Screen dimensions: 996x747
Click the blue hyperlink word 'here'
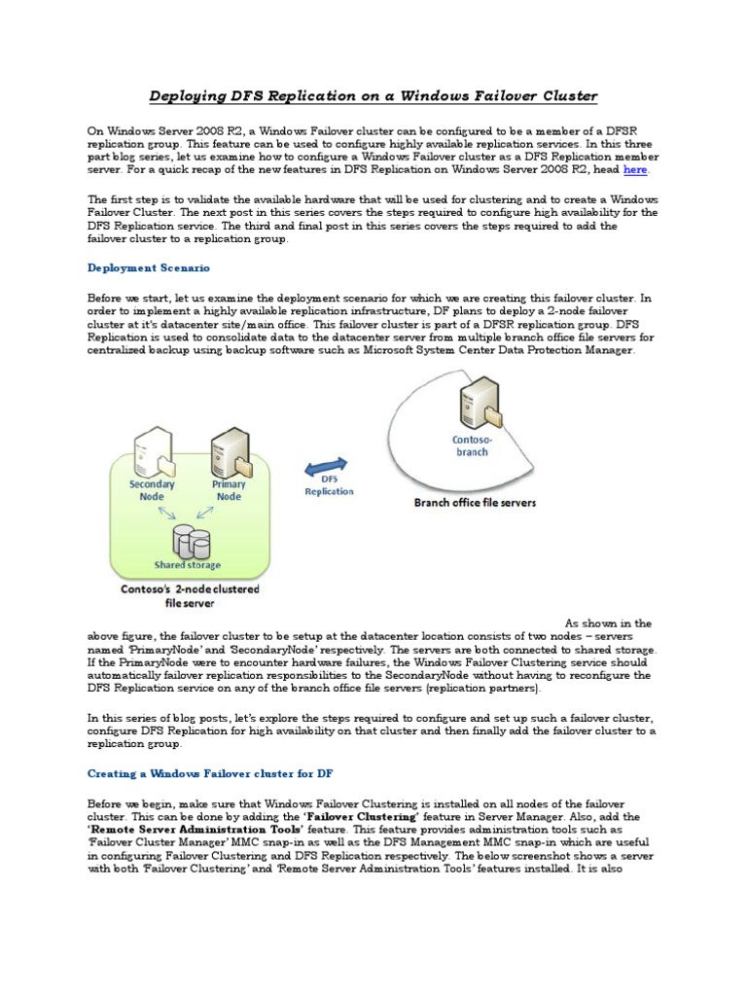click(x=634, y=170)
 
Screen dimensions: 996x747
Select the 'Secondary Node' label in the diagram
click(x=152, y=489)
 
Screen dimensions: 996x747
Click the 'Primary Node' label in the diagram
click(x=229, y=489)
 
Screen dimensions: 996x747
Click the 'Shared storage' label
click(x=187, y=565)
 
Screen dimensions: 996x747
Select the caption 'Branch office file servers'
click(x=475, y=503)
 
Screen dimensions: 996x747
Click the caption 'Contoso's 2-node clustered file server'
click(x=196, y=595)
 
